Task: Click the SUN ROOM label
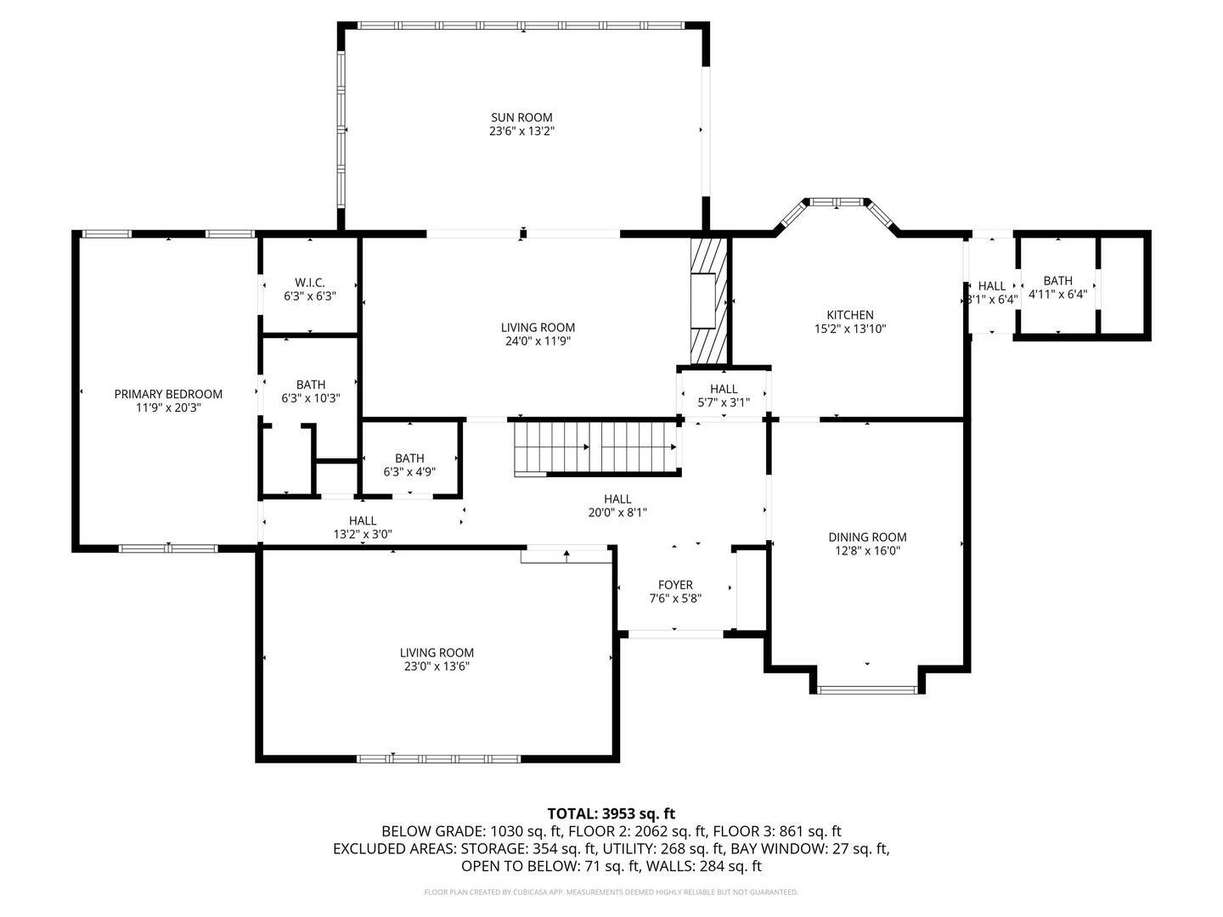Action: [x=521, y=117]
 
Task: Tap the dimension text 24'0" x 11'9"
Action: [x=537, y=341]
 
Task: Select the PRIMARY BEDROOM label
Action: [x=168, y=394]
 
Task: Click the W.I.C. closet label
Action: [x=310, y=283]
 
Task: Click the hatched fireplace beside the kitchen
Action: [x=709, y=299]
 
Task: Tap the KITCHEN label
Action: [x=850, y=315]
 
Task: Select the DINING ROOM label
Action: [x=867, y=537]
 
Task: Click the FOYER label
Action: [x=675, y=585]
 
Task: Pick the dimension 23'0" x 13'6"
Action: [x=437, y=667]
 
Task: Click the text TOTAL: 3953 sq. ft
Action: [x=611, y=813]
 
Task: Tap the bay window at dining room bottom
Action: [x=867, y=689]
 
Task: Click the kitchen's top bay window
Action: [x=836, y=202]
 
